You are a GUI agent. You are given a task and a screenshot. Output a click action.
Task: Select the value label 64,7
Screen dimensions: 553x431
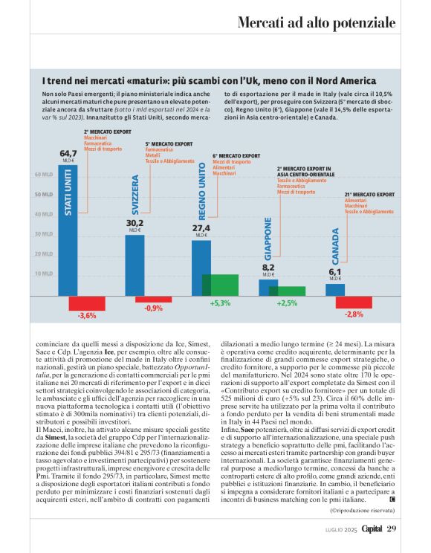click(68, 154)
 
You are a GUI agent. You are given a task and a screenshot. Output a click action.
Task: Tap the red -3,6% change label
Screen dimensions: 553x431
click(87, 316)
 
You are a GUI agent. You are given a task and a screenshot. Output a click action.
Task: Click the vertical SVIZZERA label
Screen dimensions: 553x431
click(135, 195)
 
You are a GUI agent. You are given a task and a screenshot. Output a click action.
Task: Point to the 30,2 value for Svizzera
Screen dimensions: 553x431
click(135, 223)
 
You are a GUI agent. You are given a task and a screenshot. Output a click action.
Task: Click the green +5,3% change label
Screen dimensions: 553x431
click(221, 304)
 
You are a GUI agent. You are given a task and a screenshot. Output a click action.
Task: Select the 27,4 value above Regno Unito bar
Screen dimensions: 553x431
click(201, 228)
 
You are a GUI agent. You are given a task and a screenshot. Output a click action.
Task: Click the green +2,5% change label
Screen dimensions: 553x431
click(287, 304)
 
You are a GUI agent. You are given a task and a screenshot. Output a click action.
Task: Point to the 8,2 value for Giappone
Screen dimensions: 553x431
click(268, 267)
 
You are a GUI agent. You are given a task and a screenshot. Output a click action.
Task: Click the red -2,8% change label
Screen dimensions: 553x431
click(354, 315)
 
